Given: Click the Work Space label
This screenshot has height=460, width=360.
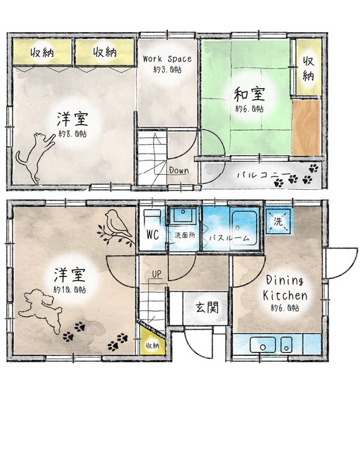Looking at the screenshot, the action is pos(167,59).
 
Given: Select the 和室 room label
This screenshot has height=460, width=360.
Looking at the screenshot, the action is pos(250,94).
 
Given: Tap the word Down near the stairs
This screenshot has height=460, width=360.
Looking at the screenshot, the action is pos(179,170).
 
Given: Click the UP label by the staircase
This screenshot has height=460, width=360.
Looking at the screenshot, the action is pos(156,274).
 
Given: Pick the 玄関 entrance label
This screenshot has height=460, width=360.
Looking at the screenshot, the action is pos(207,308).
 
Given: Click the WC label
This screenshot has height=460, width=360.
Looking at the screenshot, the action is pos(152,235).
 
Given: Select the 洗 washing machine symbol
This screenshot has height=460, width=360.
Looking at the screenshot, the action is pos(278,221).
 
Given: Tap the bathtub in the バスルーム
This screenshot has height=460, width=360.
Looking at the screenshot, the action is pos(244,227).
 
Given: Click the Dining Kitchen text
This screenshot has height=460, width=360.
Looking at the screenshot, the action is pos(285,288).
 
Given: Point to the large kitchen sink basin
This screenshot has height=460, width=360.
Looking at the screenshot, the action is pos(263,344).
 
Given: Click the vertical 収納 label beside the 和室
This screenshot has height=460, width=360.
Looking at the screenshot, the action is pos(308,68).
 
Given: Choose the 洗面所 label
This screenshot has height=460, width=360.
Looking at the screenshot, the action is pos(185,235).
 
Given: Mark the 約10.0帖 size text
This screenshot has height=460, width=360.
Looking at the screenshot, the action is pos(70,290).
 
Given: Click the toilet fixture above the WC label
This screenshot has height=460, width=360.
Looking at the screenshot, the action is pos(152,216).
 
